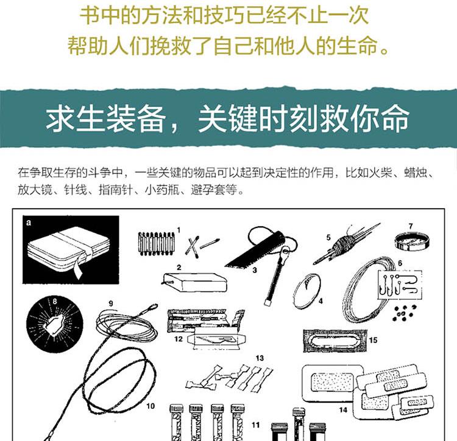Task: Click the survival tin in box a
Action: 69,249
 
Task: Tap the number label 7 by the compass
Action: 411,226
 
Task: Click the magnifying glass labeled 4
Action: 306,290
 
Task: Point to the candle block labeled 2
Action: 195,282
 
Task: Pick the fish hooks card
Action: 400,285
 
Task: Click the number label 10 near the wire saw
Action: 151,406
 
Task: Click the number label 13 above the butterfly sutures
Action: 260,358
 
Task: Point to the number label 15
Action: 373,340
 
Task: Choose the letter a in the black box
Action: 28,223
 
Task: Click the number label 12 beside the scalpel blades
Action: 179,339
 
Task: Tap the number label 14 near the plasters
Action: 343,409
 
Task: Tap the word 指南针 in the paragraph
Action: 115,190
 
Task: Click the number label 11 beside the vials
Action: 255,425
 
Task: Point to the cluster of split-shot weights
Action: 404,313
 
